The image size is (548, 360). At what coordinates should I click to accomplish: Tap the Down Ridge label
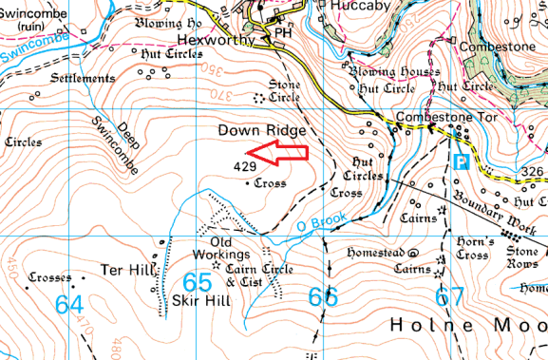256,129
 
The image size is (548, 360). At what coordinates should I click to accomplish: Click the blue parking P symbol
462,161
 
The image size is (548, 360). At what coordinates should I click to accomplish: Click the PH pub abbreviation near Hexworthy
281,32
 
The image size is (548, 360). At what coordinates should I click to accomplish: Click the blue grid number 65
198,283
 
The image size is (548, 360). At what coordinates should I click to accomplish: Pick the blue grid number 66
323,297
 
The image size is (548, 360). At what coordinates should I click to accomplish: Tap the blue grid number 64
69,304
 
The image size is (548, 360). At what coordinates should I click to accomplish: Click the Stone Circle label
283,89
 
